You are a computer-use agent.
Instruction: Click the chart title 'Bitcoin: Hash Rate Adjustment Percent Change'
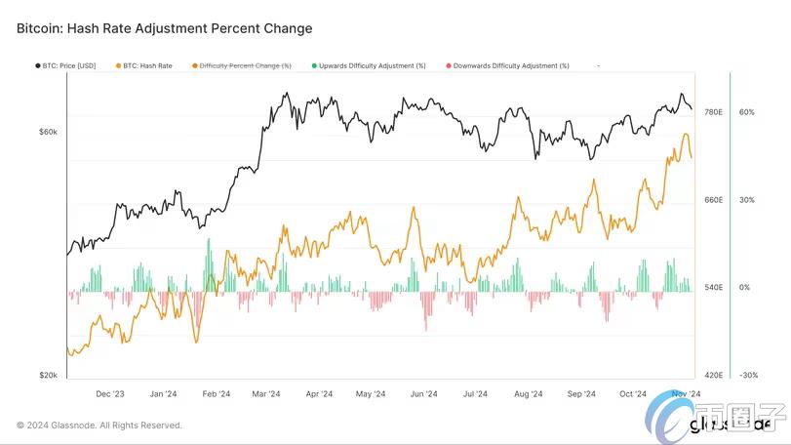click(x=165, y=29)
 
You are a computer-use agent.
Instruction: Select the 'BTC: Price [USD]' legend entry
click(x=67, y=65)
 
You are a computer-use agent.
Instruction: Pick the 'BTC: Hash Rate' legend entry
click(x=146, y=65)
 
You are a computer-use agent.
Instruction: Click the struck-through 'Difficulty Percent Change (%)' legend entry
click(x=245, y=65)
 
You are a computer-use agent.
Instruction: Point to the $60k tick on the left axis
click(x=48, y=132)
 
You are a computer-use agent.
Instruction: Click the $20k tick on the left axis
click(x=48, y=375)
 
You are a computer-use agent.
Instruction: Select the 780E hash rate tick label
click(x=713, y=112)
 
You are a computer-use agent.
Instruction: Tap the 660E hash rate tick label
click(x=713, y=200)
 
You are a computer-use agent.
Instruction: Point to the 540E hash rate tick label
click(x=713, y=288)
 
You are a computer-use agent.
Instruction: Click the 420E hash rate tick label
click(x=713, y=375)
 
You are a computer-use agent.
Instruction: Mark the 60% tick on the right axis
click(x=747, y=112)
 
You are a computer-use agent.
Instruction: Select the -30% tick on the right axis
click(x=748, y=375)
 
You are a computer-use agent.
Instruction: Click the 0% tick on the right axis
click(x=744, y=288)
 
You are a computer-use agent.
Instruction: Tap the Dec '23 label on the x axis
click(x=110, y=394)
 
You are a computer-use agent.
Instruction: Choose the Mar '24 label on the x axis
click(x=266, y=394)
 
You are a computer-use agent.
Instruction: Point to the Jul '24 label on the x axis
click(x=475, y=394)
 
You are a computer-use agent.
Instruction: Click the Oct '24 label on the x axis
click(x=633, y=394)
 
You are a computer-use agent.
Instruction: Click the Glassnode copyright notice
click(x=99, y=425)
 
